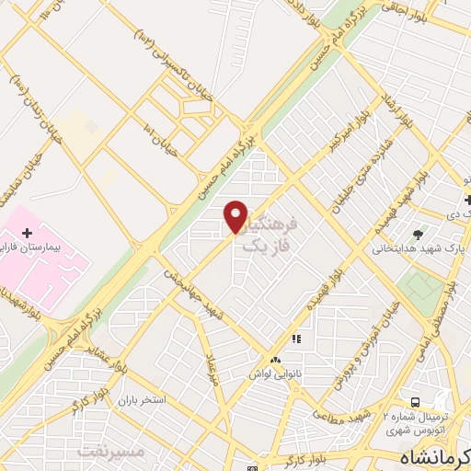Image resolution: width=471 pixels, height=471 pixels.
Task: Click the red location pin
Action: (x=236, y=217)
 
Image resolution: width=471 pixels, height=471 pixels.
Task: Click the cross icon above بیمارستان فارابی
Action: (x=27, y=231)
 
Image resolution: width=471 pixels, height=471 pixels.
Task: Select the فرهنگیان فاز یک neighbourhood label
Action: (x=272, y=235)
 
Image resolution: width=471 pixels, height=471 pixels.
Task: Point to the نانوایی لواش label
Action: (x=273, y=375)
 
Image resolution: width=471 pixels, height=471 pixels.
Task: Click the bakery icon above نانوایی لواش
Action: (x=274, y=360)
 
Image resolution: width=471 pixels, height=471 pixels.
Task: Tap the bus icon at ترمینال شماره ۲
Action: (x=416, y=402)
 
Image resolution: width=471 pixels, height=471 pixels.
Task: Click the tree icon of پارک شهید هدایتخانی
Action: (x=419, y=235)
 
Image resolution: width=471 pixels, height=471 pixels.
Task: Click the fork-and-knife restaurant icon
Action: (x=296, y=339)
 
